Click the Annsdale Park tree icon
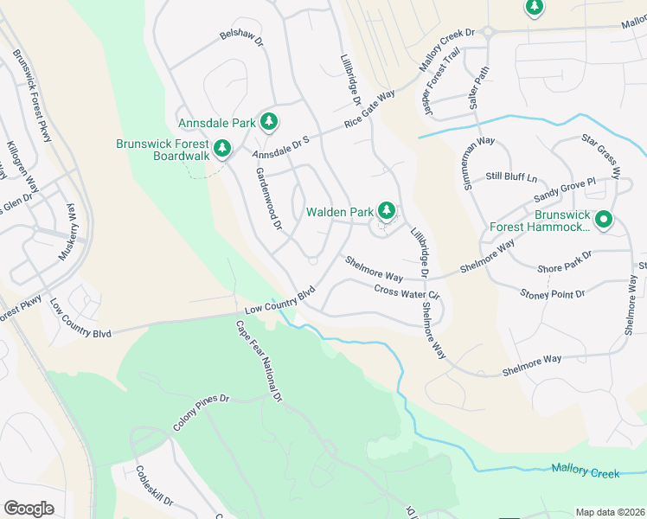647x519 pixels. tap(269, 122)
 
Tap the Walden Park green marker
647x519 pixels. tap(387, 210)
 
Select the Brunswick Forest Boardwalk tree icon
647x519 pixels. tap(222, 149)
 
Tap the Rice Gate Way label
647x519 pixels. tap(368, 110)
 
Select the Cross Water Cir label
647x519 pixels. tap(407, 293)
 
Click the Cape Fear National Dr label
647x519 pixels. tap(259, 361)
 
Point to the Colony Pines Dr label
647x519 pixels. tap(201, 413)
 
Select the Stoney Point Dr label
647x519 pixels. tap(552, 295)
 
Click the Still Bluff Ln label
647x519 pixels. tap(511, 177)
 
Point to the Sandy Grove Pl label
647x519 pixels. tap(566, 189)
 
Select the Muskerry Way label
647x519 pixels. tap(67, 232)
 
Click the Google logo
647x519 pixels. tap(29, 509)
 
